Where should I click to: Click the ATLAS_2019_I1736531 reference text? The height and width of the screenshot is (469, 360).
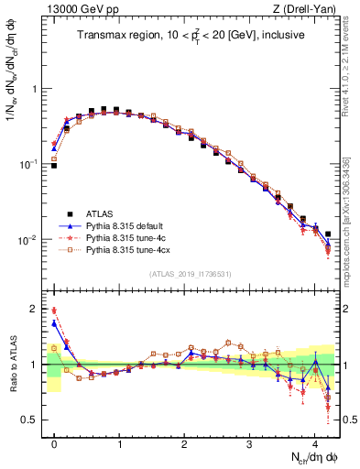point(191,274)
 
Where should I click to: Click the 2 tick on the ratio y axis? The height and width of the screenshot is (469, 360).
point(35,310)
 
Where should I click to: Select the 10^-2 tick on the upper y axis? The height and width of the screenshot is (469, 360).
point(30,240)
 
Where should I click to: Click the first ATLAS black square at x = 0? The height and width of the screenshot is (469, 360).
point(54,166)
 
